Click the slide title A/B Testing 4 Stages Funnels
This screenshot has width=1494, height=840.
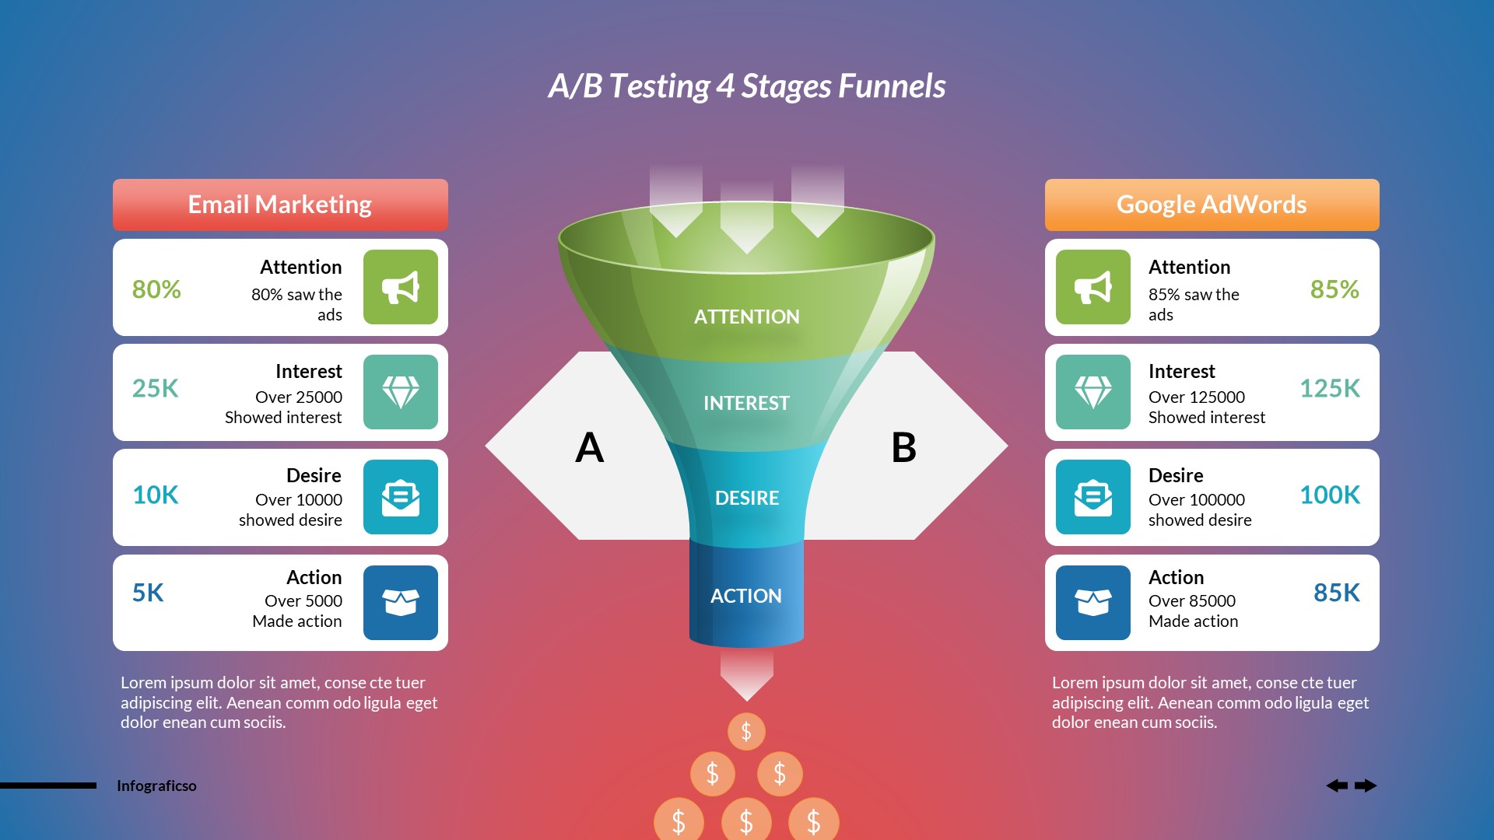[x=746, y=86]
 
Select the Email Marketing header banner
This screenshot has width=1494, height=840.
[x=280, y=205]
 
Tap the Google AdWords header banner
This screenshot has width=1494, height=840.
[x=1212, y=205]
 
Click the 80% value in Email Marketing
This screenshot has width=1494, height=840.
[x=156, y=289]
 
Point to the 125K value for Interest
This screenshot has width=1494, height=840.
[x=1329, y=388]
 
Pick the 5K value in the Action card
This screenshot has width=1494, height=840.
[x=148, y=593]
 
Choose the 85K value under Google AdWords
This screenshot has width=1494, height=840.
[x=1336, y=593]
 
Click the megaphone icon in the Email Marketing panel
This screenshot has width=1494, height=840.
[x=401, y=287]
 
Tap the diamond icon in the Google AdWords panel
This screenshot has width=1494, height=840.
[x=1092, y=392]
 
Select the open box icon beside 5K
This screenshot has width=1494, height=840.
[x=401, y=603]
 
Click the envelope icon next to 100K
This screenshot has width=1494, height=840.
[x=1092, y=497]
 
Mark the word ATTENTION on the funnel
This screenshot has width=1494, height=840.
[x=746, y=317]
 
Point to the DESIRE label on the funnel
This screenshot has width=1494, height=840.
[x=746, y=498]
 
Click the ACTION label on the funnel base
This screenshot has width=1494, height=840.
[x=745, y=596]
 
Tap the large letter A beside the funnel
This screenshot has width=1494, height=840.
[x=589, y=448]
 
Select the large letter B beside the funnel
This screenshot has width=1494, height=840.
[x=903, y=448]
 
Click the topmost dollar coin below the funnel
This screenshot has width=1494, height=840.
[x=746, y=731]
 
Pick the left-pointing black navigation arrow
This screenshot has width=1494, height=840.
[x=1337, y=786]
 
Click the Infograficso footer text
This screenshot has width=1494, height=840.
[x=156, y=786]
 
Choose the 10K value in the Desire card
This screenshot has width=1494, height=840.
[x=155, y=495]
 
